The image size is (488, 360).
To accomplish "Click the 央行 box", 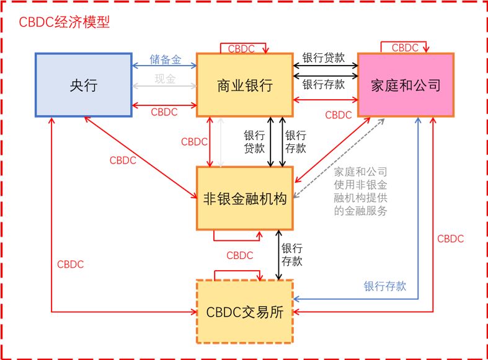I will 83,85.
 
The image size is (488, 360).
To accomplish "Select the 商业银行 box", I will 244,85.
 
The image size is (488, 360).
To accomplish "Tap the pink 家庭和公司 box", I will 406,85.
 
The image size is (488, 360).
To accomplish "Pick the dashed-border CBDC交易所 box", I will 244,312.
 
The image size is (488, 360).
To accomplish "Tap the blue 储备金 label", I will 165,60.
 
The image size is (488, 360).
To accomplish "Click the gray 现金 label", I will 165,79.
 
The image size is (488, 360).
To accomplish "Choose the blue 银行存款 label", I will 384,286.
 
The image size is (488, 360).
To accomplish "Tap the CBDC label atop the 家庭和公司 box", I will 404,47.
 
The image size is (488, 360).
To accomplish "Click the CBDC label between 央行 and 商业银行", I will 164,112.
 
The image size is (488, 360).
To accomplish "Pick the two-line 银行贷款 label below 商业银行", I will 254,142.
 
